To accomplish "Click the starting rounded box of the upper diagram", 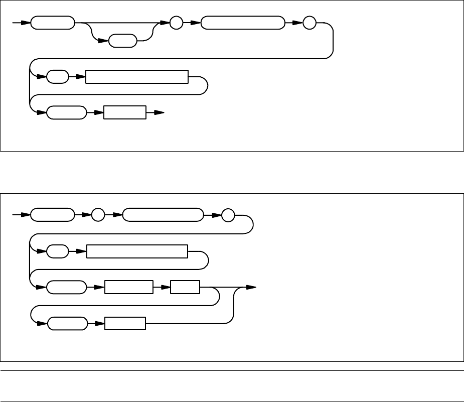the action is (x=53, y=23).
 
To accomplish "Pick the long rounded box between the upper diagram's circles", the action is (x=242, y=23).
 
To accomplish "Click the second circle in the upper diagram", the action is (x=310, y=24).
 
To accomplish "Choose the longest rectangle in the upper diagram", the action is (x=137, y=77).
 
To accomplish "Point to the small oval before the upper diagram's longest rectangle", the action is (x=58, y=77).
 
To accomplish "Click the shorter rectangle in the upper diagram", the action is (x=125, y=112).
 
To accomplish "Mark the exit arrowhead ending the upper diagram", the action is (x=159, y=112).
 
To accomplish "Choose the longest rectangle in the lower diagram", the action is (x=137, y=251).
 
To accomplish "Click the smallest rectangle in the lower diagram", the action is (x=185, y=288).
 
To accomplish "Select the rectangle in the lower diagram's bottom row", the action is (x=125, y=324).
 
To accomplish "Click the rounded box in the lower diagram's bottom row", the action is (x=66, y=324).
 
